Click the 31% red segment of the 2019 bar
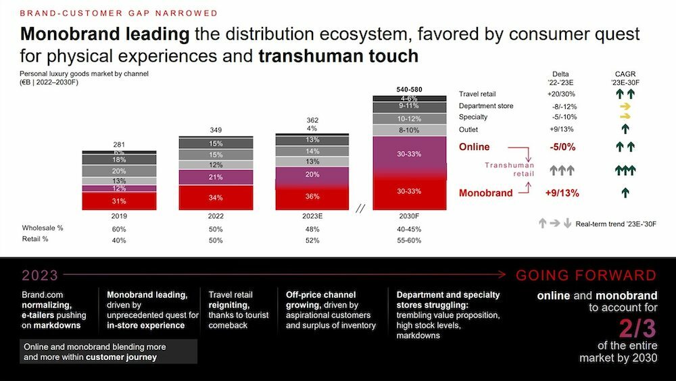(x=119, y=201)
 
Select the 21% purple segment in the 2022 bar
(x=216, y=177)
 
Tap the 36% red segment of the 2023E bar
(x=312, y=197)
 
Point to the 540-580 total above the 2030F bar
(x=410, y=89)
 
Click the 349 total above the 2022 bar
(x=216, y=129)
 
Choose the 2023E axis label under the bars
(x=312, y=217)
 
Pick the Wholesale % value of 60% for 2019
(x=119, y=228)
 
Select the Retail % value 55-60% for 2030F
(x=410, y=240)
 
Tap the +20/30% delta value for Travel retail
(x=560, y=94)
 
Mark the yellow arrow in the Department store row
(x=625, y=106)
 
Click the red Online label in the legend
(x=475, y=147)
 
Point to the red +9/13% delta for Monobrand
(x=560, y=193)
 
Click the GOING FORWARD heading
(x=585, y=276)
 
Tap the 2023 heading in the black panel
(x=40, y=276)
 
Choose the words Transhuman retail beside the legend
(x=510, y=170)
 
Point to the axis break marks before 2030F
(x=360, y=209)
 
